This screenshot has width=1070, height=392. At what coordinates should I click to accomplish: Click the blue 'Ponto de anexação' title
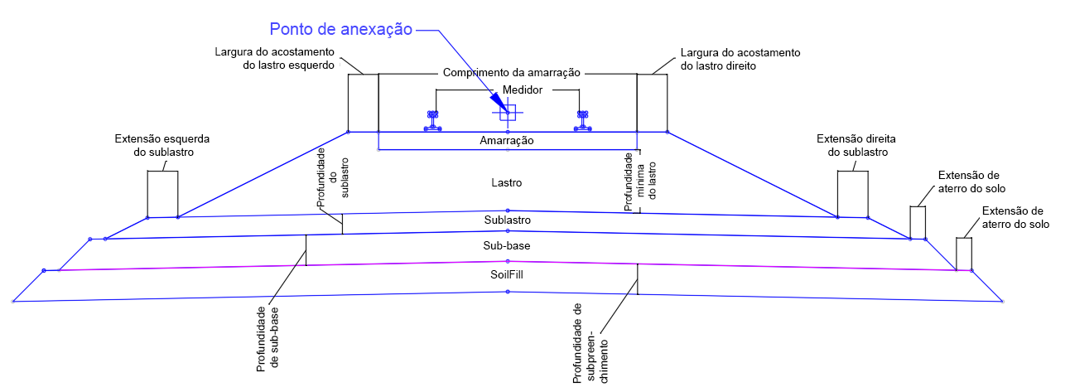340,29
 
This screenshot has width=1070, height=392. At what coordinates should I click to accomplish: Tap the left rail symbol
433,121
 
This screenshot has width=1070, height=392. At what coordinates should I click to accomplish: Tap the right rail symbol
582,121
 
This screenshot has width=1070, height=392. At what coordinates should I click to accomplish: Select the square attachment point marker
508,113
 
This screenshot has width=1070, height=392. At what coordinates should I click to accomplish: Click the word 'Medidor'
522,90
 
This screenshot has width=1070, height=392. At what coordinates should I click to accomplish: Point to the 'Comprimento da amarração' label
511,73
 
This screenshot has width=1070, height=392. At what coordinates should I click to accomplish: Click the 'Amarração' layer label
506,141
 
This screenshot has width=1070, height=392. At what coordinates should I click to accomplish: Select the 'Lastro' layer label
506,182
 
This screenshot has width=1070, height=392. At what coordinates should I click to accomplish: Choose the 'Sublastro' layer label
508,220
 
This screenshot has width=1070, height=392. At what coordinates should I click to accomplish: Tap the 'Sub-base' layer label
506,245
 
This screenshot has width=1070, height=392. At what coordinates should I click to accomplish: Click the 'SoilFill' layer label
506,275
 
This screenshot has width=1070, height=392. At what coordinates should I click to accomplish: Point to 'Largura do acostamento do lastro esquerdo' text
274,58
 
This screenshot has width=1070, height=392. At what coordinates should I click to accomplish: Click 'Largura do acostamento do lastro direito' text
740,60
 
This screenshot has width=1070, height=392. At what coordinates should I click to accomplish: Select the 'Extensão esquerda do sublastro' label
162,145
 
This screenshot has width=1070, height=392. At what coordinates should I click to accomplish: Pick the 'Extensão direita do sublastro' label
856,145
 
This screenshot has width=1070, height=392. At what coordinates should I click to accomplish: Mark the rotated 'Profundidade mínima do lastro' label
640,181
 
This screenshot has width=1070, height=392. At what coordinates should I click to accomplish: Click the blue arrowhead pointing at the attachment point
499,102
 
